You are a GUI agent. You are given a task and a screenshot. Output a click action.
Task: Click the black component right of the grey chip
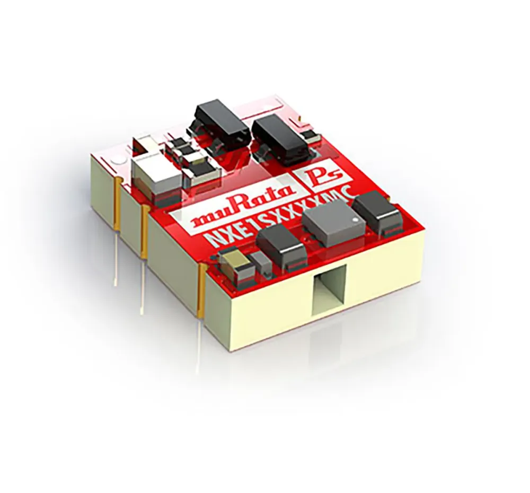pyautogui.click(x=377, y=213)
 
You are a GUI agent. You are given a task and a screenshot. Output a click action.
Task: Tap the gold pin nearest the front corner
pyautogui.click(x=201, y=292)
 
